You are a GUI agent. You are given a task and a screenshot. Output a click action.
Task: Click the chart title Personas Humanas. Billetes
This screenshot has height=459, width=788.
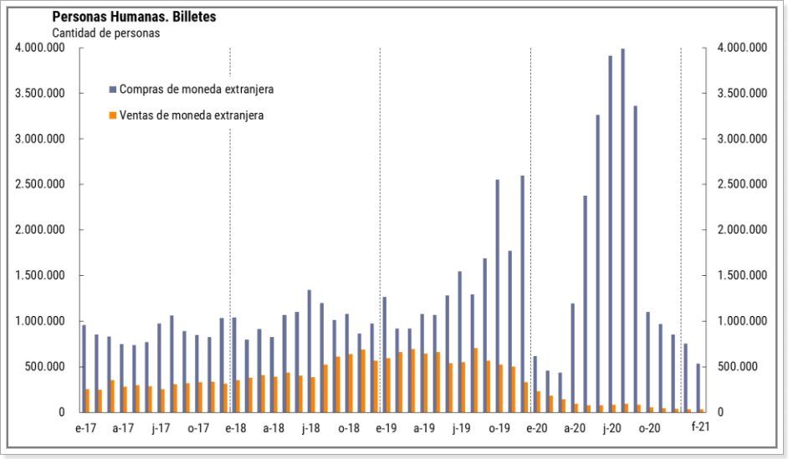(134, 17)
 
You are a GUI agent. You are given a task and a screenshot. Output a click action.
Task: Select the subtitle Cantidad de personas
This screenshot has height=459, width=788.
(105, 33)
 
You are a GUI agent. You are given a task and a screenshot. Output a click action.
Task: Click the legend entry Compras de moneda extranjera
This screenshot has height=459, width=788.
(197, 89)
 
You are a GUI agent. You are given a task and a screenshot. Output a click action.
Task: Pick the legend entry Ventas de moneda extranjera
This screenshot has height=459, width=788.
(192, 115)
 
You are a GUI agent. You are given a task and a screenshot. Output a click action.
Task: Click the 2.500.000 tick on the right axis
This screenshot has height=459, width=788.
(741, 185)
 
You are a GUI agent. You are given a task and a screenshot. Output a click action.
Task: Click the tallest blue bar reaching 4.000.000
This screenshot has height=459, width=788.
(622, 230)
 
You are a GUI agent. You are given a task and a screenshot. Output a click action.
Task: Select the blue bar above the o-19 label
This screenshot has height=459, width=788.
(498, 296)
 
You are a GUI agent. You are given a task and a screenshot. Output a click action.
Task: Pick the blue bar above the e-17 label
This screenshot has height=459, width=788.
(84, 368)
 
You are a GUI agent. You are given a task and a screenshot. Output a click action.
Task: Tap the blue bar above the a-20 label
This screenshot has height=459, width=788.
(573, 358)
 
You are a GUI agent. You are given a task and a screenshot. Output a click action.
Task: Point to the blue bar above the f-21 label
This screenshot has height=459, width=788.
(698, 388)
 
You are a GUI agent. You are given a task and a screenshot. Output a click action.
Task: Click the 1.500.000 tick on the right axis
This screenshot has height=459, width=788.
(741, 276)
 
